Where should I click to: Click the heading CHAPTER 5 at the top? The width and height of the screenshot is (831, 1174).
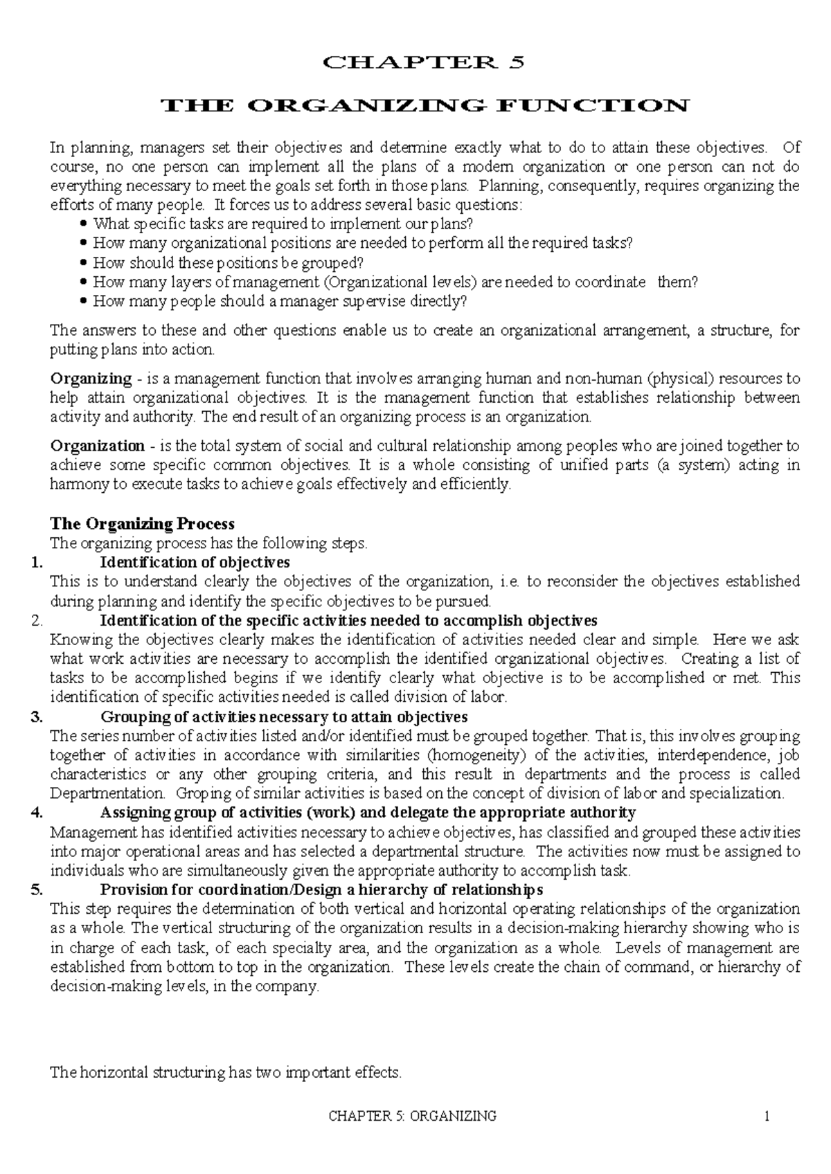click(425, 62)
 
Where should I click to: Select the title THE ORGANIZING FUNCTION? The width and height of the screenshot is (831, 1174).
click(425, 106)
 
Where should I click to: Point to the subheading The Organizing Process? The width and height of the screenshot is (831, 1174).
click(143, 523)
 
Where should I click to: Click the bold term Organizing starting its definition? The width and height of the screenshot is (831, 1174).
click(91, 379)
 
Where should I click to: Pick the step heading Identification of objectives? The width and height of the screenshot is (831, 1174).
click(195, 562)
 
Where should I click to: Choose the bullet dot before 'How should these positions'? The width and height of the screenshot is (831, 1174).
click(84, 263)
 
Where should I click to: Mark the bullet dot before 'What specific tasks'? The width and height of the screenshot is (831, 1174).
click(84, 224)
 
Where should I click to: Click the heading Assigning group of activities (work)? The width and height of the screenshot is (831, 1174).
click(368, 813)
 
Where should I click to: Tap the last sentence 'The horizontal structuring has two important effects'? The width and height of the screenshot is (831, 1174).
click(226, 1073)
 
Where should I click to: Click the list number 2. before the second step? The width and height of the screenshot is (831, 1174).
click(37, 620)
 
